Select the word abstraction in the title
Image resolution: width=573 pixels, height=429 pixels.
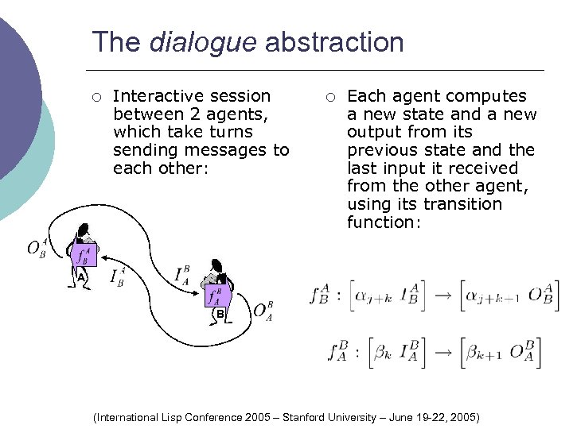pos(334,42)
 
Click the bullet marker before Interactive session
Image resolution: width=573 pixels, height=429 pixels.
pos(95,97)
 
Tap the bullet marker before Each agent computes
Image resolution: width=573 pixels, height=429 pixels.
pos(330,97)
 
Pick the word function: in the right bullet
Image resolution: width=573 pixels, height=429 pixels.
pos(384,222)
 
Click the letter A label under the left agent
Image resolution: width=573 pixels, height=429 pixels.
pos(81,276)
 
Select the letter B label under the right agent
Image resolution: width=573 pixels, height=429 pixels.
pos(219,315)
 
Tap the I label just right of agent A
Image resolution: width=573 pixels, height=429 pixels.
pos(116,276)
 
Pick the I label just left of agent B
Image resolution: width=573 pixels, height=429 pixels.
pos(182,276)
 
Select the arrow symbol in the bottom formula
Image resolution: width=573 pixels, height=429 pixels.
pos(442,352)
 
